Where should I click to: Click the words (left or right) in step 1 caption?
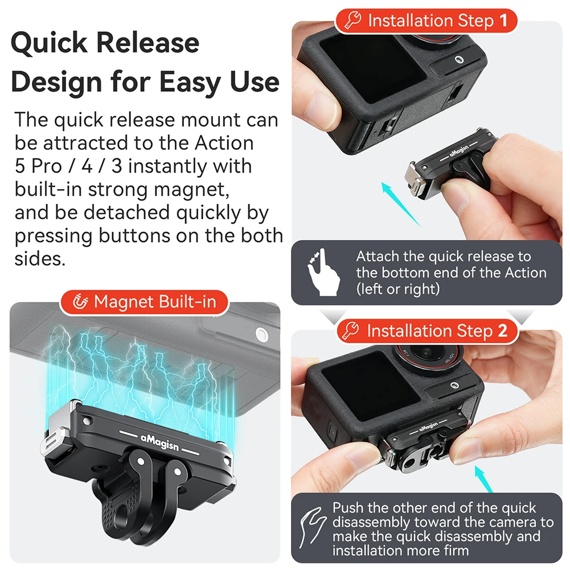pyautogui.click(x=398, y=289)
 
